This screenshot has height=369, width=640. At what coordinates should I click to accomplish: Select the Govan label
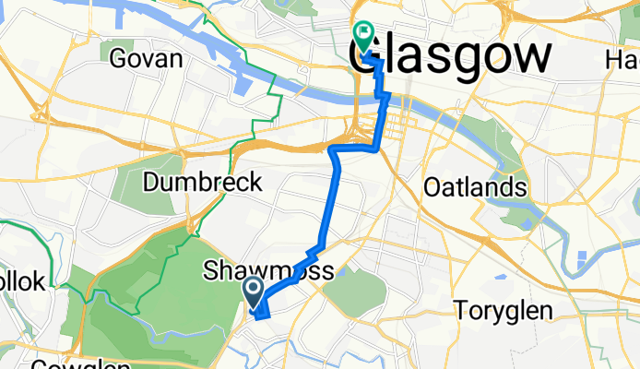tap(146, 59)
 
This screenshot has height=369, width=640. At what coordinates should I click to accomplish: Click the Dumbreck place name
tap(203, 182)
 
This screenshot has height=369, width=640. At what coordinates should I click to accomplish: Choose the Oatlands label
tap(475, 187)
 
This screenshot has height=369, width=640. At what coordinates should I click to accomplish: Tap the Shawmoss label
tap(268, 271)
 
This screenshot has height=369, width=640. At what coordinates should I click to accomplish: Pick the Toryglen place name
tap(503, 310)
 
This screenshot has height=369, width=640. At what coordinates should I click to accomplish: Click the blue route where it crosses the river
tap(386, 96)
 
